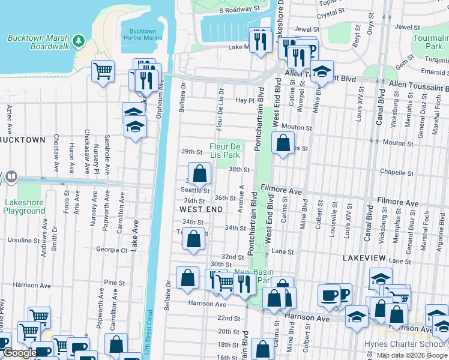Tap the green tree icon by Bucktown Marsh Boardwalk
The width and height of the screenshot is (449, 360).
(x=78, y=40)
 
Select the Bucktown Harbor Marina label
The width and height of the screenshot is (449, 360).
(x=142, y=34)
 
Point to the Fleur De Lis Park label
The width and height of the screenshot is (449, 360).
(x=224, y=151)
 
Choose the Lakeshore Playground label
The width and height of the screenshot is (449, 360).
(x=24, y=207)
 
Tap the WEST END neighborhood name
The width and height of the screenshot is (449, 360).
(x=201, y=209)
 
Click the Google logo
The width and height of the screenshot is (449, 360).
(x=19, y=353)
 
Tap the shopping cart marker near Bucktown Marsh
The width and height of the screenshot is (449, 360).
(x=103, y=71)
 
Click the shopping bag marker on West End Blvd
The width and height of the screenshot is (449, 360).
(x=282, y=143)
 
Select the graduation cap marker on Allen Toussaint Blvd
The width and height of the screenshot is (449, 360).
(x=322, y=71)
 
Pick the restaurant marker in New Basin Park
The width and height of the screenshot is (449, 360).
(x=244, y=282)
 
